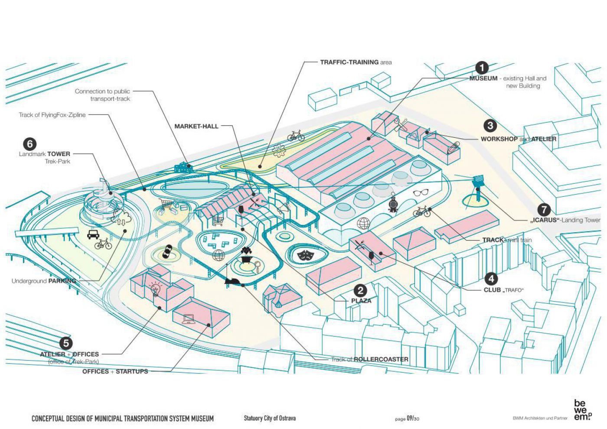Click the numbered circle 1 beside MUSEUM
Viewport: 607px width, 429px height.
pos(482,68)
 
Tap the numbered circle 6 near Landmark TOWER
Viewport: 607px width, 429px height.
pos(29,143)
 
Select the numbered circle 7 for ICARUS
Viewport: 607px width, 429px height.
pos(544,210)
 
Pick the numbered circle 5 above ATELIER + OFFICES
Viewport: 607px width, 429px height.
pos(65,343)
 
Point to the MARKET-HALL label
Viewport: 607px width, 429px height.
pos(196,126)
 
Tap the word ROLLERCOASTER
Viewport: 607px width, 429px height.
pos(381,359)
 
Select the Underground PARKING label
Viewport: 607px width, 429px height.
pos(44,281)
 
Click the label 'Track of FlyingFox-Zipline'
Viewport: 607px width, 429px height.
pos(52,115)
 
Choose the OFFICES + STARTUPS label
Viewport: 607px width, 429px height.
pos(115,371)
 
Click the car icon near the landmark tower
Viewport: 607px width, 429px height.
pos(92,234)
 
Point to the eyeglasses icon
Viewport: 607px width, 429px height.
pos(420,193)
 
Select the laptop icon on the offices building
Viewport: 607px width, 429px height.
pos(189,319)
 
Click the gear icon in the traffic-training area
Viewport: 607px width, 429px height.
pos(278,150)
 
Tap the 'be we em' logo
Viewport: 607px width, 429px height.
pos(582,409)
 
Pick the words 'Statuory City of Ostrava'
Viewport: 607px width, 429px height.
pos(269,418)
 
